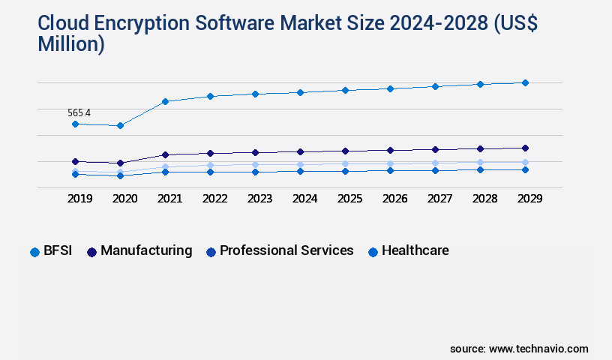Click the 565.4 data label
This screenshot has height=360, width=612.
tap(79, 113)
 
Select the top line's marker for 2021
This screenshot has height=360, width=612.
tap(165, 101)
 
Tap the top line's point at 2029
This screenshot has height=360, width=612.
tap(525, 82)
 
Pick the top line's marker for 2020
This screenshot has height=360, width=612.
tap(120, 125)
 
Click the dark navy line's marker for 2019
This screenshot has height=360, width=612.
tap(75, 161)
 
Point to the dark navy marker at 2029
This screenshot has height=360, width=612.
tap(525, 148)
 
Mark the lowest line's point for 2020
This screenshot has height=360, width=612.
tap(120, 175)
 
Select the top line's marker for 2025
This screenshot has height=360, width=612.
tap(345, 90)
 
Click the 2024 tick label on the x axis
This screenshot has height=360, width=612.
tap(304, 199)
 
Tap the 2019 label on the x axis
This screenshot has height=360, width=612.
tap(79, 199)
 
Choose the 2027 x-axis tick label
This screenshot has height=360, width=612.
tap(439, 199)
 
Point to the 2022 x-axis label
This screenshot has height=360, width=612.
tap(214, 199)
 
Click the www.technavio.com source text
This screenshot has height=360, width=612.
tap(538, 349)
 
